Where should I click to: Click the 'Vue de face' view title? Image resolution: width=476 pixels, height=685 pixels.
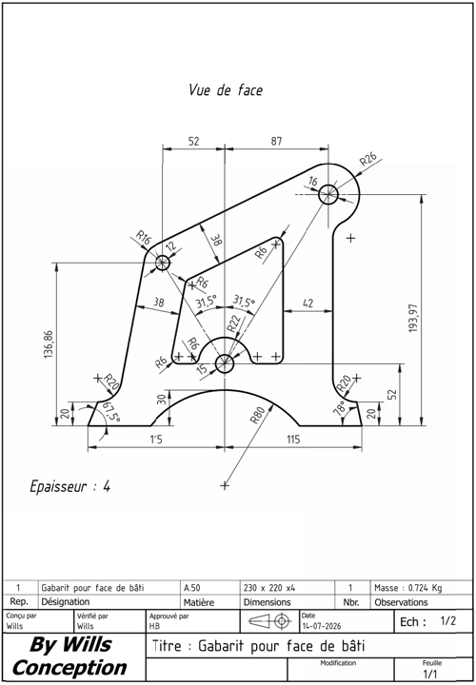coord(226,90)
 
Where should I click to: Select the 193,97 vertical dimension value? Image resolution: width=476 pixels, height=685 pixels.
coord(413,318)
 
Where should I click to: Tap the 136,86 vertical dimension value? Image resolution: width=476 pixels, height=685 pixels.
coord(49,344)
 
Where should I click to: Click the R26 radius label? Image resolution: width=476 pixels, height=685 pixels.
coord(368,160)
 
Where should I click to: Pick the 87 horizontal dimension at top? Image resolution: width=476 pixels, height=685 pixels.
coord(276,141)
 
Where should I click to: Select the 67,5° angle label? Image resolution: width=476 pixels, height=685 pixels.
coord(110,412)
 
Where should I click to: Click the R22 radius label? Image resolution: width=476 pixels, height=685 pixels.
coord(233,323)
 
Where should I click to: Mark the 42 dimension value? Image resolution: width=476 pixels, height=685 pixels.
coord(308,303)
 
